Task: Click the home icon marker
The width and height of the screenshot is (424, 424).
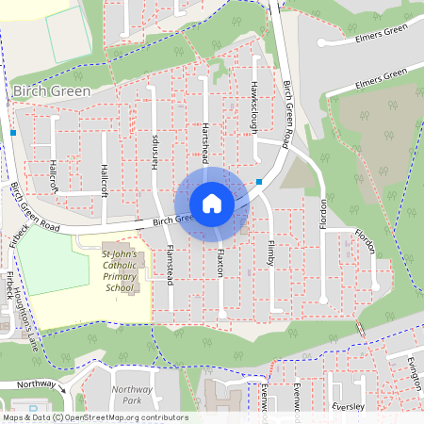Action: pos(212,203)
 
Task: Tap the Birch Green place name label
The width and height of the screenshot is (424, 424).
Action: pos(53,91)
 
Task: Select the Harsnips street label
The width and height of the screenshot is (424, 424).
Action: pos(155,151)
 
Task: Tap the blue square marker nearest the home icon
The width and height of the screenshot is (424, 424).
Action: pos(259,182)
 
